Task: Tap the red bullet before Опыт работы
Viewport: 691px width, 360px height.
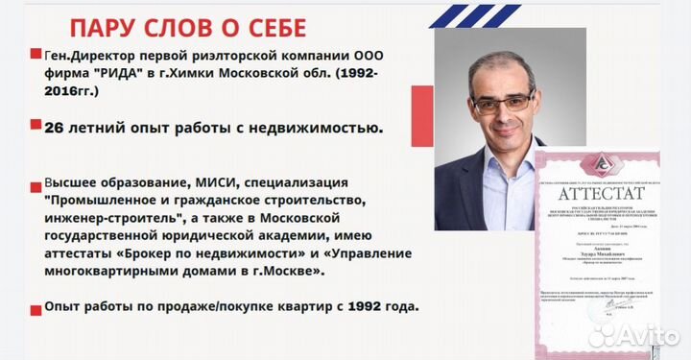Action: click(x=36, y=307)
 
